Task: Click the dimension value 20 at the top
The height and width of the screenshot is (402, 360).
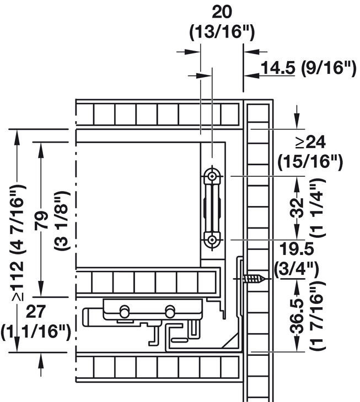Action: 222,12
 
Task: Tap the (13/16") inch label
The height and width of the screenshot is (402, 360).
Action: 222,32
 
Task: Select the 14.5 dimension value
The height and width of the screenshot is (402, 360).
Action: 278,68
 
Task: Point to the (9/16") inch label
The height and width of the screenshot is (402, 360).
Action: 329,68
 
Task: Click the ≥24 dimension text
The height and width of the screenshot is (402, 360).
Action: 310,142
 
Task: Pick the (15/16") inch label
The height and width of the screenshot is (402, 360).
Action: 310,162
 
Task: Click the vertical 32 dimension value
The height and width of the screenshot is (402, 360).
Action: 297,208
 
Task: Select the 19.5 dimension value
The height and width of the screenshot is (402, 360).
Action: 297,249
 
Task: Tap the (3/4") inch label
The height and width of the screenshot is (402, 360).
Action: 297,269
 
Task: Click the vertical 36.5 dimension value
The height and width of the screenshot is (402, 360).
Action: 298,316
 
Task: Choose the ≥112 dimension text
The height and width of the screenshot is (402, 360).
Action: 18,281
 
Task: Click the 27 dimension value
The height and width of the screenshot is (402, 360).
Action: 36,311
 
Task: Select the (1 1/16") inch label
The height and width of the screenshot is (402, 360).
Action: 35,333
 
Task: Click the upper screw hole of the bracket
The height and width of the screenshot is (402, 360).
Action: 212,176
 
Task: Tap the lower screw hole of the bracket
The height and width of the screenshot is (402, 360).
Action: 212,240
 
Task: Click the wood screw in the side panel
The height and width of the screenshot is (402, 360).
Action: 254,279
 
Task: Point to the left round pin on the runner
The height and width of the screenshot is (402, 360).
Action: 125,312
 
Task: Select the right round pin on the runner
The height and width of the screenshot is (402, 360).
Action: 169,312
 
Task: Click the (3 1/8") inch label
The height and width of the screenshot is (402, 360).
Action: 61,220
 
